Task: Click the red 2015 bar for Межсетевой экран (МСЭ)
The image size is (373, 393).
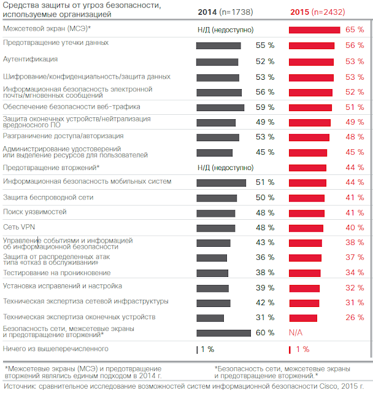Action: click(314, 29)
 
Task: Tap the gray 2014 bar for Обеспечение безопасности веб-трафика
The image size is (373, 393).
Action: click(220, 107)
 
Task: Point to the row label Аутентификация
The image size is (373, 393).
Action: click(30, 60)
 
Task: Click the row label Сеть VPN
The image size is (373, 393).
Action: click(20, 227)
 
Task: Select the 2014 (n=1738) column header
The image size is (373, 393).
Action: click(225, 12)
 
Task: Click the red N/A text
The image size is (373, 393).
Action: click(296, 332)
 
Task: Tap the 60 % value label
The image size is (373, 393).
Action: click(265, 332)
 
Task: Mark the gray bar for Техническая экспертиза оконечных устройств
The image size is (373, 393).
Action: click(210, 317)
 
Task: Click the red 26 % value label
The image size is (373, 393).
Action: click(355, 317)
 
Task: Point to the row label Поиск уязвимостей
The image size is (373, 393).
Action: click(35, 211)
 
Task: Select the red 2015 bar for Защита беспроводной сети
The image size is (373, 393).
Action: click(307, 197)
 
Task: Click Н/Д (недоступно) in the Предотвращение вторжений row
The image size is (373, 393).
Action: click(225, 168)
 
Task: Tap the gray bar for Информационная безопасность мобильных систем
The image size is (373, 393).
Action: click(221, 182)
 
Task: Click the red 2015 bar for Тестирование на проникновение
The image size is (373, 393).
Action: click(305, 273)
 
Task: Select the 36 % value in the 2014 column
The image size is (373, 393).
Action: click(265, 257)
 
